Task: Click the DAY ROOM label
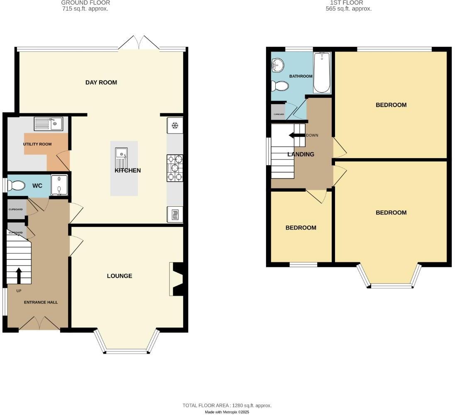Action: (101, 82)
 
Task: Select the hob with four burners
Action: (175, 168)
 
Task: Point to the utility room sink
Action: (48, 123)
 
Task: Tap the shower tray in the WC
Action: (59, 185)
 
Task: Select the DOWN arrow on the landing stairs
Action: (297, 135)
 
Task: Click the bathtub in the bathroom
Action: (321, 72)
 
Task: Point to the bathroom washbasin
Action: (277, 65)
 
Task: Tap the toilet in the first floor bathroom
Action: (279, 86)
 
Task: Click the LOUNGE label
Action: (120, 276)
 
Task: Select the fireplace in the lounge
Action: (176, 279)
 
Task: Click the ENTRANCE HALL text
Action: (41, 302)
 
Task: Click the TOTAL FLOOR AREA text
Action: (227, 405)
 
